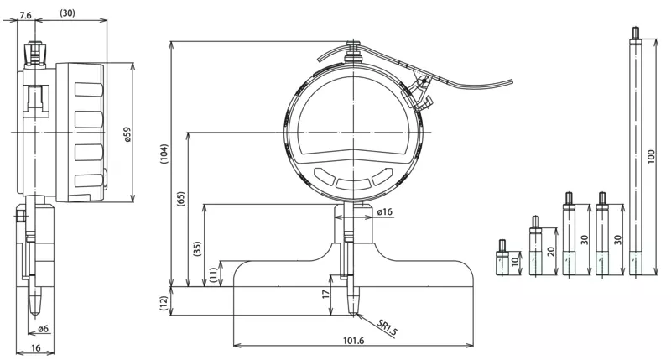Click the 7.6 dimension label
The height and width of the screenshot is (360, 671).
click(x=25, y=15)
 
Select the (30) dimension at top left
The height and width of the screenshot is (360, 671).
click(x=67, y=13)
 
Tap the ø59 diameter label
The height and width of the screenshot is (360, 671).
click(x=127, y=134)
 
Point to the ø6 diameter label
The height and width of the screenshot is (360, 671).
click(x=44, y=329)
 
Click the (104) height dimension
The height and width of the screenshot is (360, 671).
click(x=164, y=154)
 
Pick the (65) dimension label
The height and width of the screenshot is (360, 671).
click(x=181, y=200)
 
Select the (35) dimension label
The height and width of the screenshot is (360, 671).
click(x=197, y=248)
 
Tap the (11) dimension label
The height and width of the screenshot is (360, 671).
click(x=213, y=274)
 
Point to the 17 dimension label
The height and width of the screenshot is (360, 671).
click(x=326, y=294)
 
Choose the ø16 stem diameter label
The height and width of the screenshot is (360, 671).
click(x=385, y=212)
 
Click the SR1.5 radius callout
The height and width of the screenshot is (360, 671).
click(x=388, y=327)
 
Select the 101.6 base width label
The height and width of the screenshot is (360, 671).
click(x=353, y=341)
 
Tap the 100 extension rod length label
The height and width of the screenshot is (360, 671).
click(x=651, y=157)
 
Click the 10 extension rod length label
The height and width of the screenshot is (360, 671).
click(x=515, y=260)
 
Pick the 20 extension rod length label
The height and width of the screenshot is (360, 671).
click(x=550, y=251)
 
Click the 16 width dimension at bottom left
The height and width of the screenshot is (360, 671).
click(x=36, y=348)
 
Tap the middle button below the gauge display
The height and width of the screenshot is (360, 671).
click(x=353, y=183)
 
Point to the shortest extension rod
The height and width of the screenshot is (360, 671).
click(x=502, y=257)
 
